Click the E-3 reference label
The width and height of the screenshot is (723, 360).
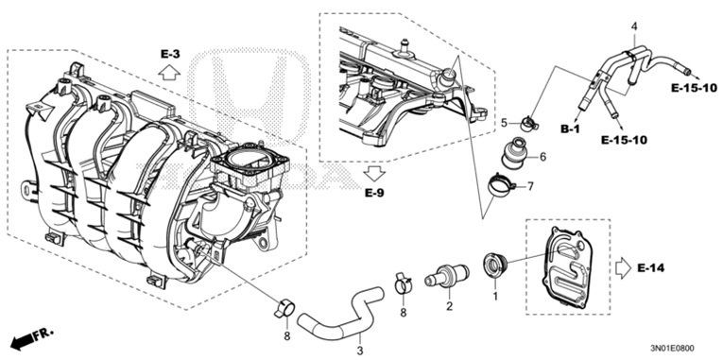point(170,55)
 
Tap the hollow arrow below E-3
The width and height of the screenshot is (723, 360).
point(170,72)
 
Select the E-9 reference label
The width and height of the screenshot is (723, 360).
point(374,193)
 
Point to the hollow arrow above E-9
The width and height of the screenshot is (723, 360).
point(374,173)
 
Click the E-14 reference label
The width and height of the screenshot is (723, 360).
point(651,268)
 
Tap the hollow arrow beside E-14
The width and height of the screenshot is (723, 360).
point(623,267)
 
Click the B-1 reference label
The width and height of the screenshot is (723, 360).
point(570,129)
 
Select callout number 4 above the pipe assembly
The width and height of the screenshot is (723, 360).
point(634,26)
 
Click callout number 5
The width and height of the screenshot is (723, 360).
point(504,123)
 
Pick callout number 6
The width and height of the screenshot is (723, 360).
point(542,157)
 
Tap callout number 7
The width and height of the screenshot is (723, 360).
point(530,187)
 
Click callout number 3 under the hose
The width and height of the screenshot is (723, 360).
point(360,352)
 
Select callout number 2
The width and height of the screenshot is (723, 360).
point(449,305)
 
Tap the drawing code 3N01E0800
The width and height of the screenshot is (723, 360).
point(673,349)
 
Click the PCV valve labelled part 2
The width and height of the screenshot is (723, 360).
point(447,275)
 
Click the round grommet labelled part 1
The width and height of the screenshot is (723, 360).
point(494,266)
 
